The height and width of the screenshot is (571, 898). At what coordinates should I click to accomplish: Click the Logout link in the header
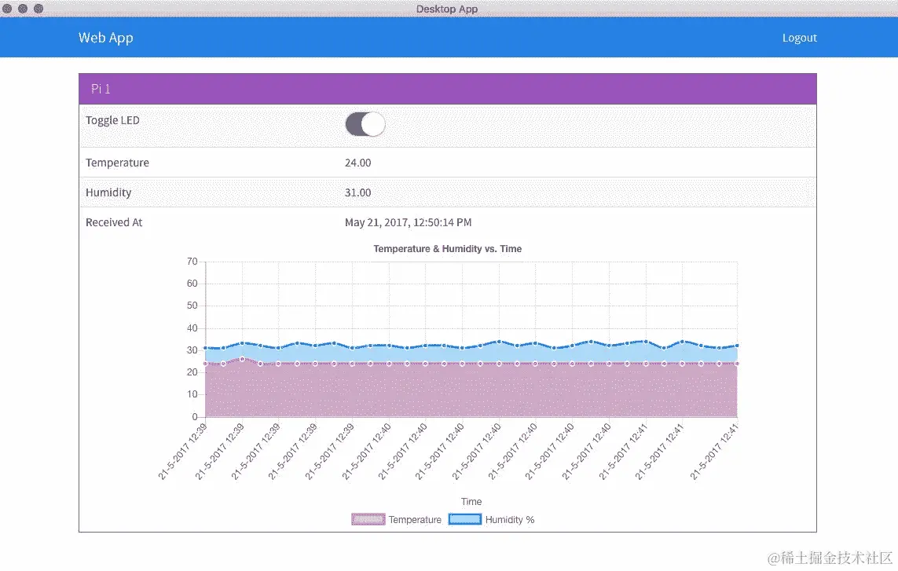(x=799, y=38)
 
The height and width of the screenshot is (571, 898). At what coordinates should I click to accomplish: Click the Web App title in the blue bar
(x=105, y=38)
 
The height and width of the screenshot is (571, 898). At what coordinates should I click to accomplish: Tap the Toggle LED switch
(x=365, y=124)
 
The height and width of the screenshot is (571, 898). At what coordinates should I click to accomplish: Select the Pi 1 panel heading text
(x=101, y=89)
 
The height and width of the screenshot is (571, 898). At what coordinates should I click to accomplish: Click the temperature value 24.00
(x=357, y=163)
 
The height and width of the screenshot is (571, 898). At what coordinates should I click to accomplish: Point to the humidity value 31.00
(x=357, y=192)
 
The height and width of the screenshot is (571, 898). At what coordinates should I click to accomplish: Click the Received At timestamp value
(x=408, y=222)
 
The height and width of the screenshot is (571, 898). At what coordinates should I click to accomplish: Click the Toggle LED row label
(x=112, y=120)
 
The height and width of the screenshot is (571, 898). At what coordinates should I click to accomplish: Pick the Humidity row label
(x=108, y=192)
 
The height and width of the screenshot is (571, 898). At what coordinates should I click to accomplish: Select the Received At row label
(x=114, y=222)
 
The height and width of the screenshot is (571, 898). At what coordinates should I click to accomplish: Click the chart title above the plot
(x=447, y=248)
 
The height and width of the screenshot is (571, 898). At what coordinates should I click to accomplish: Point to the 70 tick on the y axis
(x=192, y=262)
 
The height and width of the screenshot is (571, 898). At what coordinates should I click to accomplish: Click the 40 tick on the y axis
(x=192, y=328)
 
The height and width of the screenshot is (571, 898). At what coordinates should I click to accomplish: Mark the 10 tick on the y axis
(x=192, y=394)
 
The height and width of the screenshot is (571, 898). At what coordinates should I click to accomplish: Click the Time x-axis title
(x=471, y=501)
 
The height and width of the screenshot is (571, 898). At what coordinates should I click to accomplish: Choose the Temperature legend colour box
(x=368, y=519)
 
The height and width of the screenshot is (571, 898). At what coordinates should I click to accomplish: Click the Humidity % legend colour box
(x=464, y=519)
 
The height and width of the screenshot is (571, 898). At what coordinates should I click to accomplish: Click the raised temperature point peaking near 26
(x=242, y=359)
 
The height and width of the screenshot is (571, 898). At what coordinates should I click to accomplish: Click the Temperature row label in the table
(x=117, y=163)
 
